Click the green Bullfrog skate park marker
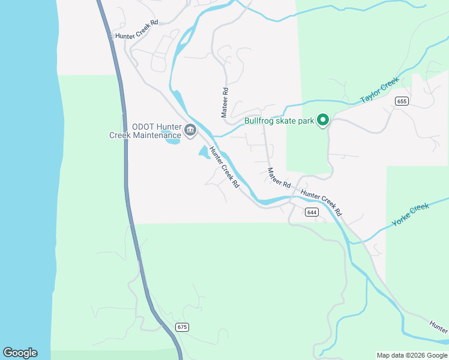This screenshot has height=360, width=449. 323,121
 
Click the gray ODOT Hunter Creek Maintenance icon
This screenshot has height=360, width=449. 190,130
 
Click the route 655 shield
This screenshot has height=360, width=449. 402,101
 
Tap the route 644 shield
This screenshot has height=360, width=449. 311,212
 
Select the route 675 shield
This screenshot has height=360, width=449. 182,327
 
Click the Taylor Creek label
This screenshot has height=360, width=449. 379,90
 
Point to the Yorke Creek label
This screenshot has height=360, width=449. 411,215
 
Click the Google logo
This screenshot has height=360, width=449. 20,353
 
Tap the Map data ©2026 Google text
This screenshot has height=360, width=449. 411,355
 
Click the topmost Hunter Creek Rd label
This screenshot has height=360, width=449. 136,30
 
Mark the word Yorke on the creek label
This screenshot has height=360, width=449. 400,220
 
